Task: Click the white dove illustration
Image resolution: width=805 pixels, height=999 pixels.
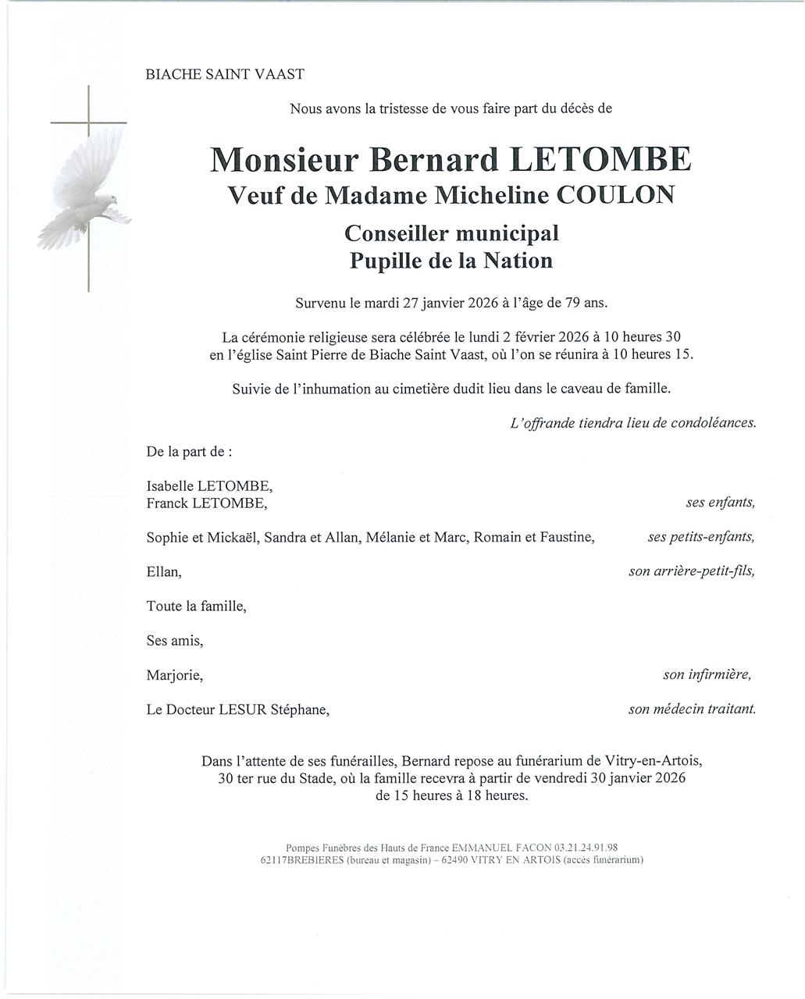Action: click(86, 187)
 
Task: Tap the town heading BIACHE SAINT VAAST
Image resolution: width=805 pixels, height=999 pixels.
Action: click(225, 75)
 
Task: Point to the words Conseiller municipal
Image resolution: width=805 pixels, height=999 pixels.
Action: click(451, 233)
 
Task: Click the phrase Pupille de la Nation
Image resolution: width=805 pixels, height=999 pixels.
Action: click(451, 261)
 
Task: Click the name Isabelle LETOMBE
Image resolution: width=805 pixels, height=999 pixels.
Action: click(209, 486)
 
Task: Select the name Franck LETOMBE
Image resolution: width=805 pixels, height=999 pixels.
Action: click(206, 503)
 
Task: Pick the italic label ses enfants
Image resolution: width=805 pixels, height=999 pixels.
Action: click(720, 503)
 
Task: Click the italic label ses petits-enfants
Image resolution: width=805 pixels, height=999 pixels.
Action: click(700, 537)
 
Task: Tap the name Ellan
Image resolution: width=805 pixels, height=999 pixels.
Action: click(164, 572)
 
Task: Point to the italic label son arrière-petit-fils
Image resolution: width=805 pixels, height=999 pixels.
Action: click(692, 572)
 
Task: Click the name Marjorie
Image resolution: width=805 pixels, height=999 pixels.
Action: click(175, 675)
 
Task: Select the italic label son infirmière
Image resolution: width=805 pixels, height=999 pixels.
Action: click(707, 674)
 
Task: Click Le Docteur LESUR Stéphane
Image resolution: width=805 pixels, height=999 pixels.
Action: click(237, 710)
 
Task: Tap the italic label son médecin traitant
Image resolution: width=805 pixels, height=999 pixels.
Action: click(692, 709)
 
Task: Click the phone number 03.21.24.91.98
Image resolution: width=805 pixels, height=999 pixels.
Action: click(586, 848)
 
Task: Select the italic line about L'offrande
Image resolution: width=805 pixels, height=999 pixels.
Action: click(632, 423)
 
